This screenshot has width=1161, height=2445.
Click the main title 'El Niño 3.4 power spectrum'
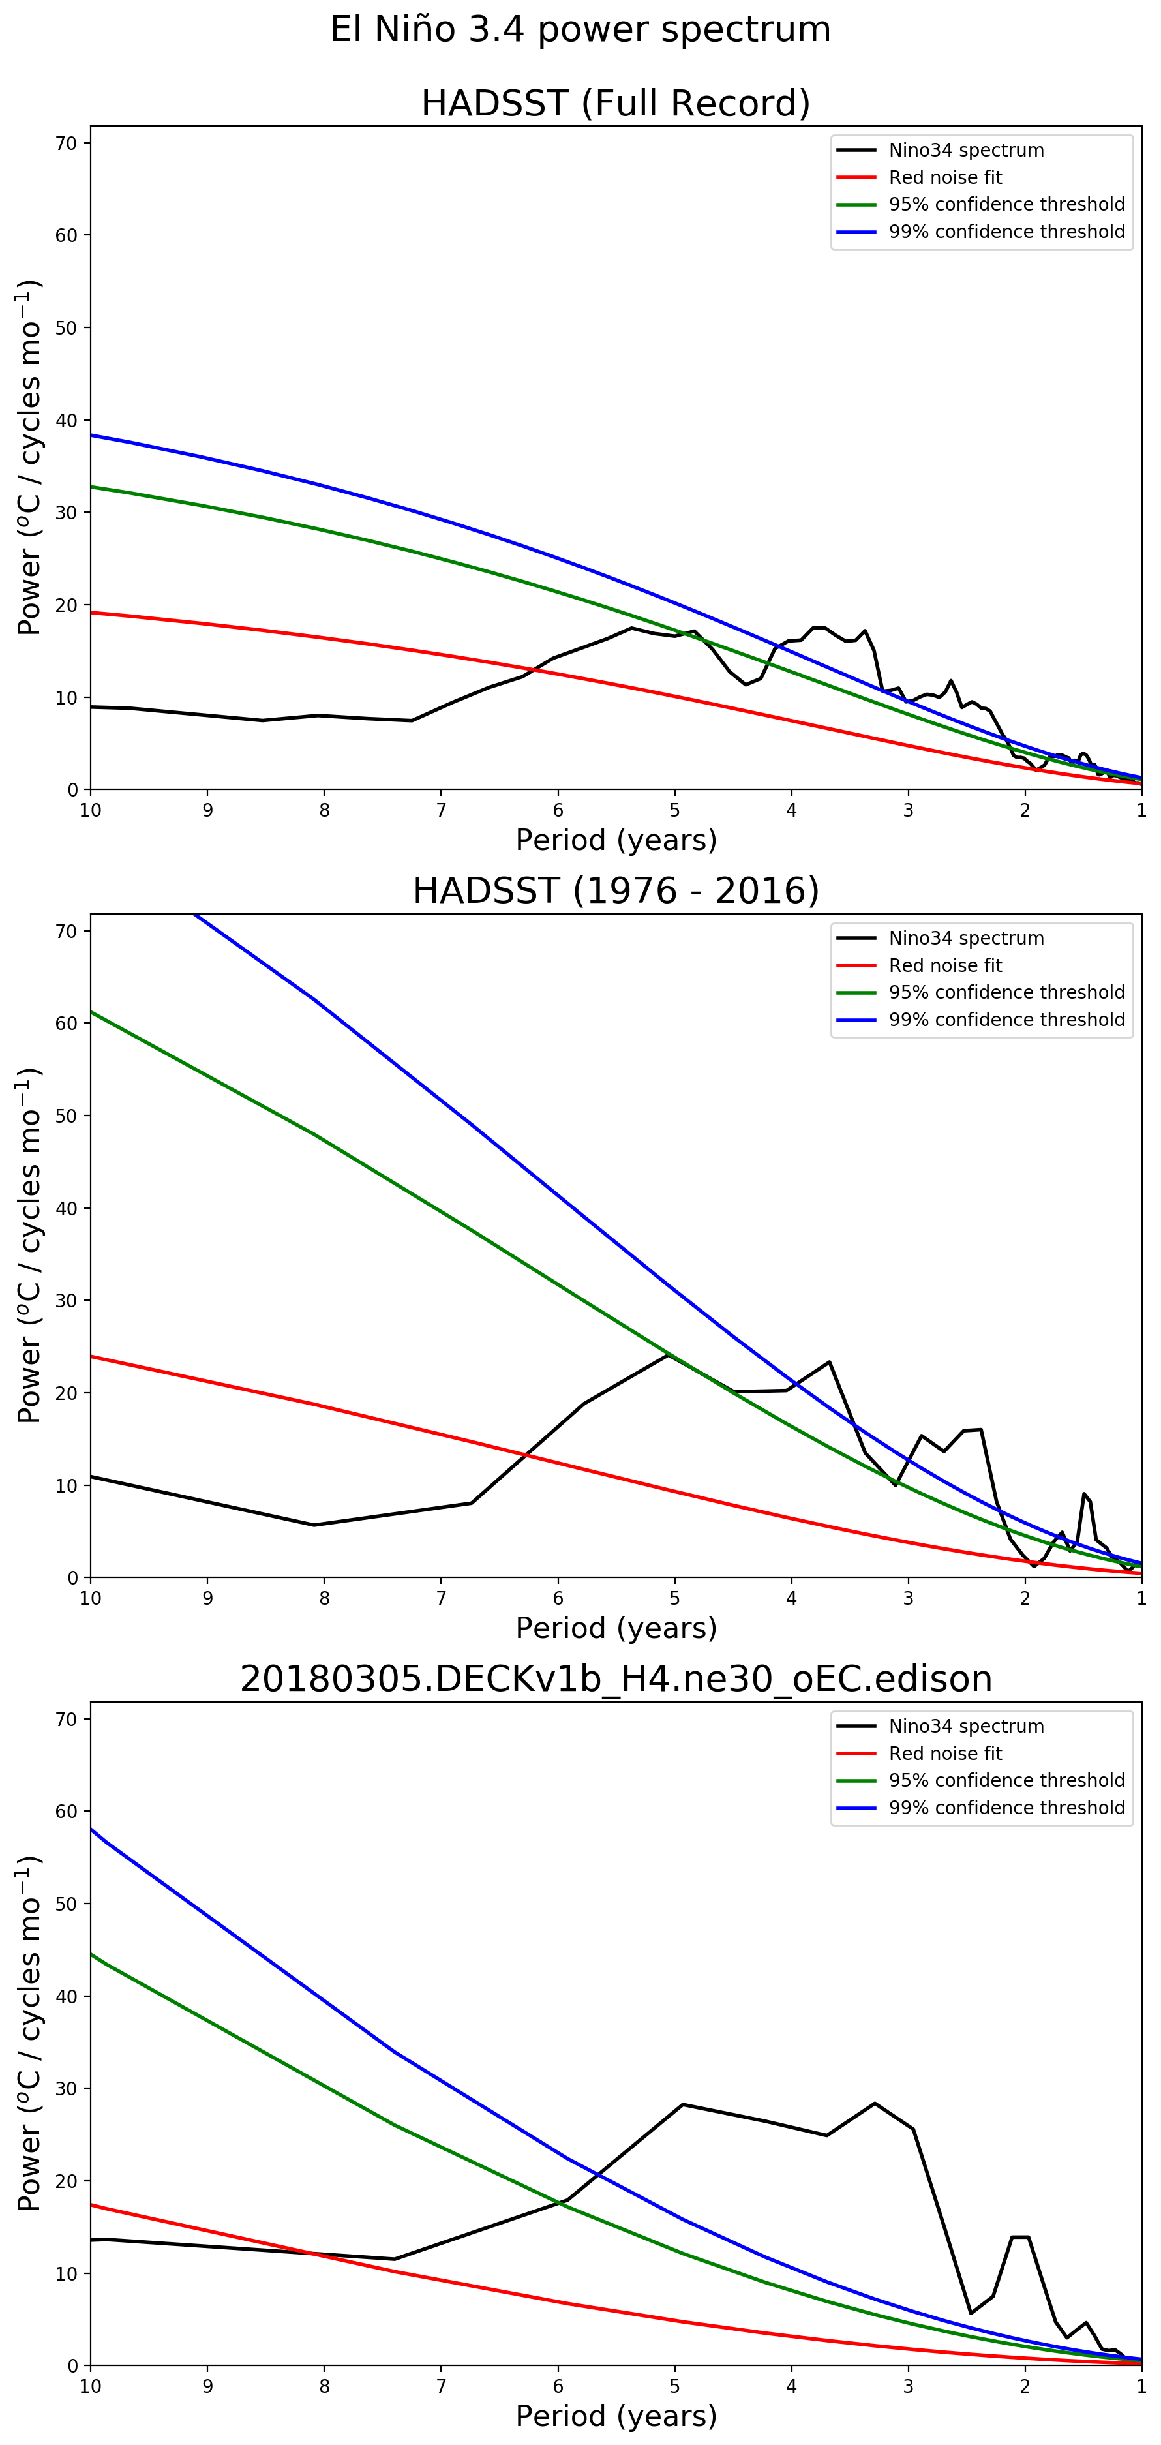580,29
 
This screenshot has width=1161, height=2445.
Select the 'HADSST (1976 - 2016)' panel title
615,891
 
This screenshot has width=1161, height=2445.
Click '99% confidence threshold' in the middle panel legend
1006,1020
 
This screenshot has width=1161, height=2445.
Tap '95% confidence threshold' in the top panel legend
1006,204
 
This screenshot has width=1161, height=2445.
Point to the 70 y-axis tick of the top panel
67,144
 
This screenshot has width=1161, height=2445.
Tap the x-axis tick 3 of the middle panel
909,1598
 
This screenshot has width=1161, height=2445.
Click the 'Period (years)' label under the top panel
615,840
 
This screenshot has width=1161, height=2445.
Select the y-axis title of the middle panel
29,1245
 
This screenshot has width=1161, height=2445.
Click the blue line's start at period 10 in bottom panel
91,1828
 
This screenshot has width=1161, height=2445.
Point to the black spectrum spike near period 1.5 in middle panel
1083,1494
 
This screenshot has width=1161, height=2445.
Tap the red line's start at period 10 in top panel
91,612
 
